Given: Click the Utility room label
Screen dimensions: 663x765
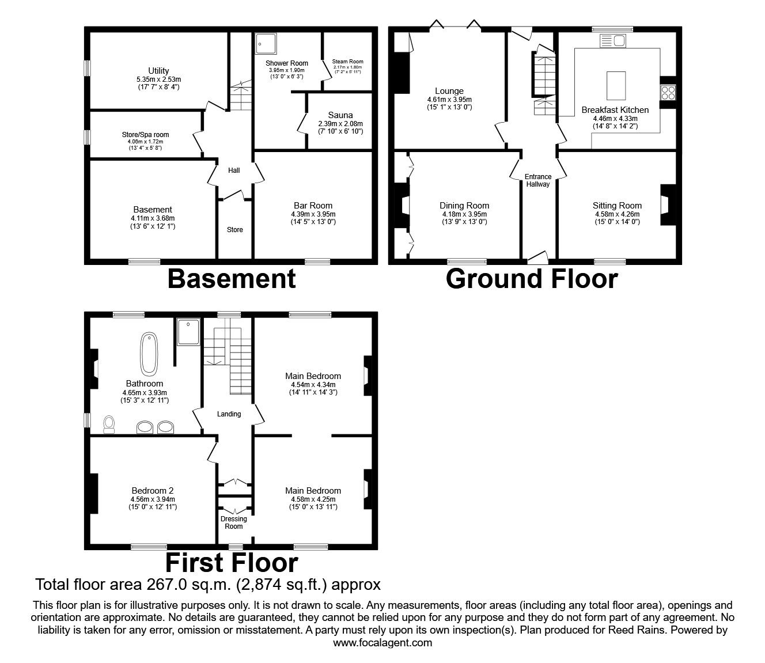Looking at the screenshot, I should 157,71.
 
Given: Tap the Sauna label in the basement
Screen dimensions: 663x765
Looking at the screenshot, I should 340,115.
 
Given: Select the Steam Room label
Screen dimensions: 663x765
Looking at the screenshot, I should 347,61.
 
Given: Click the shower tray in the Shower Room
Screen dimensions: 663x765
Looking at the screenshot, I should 266,42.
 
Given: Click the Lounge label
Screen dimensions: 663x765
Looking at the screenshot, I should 449,91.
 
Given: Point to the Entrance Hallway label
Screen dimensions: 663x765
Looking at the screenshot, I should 538,180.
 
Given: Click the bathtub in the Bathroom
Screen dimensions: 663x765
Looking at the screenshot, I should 150,353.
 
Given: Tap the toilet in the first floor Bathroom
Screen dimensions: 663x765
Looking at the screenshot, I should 109,425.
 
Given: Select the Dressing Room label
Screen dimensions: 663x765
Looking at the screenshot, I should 234,522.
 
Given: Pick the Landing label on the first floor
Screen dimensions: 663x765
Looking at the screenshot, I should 229,414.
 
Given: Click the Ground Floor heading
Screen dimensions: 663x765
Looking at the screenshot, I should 531,279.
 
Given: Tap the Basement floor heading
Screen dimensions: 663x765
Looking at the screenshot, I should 232,279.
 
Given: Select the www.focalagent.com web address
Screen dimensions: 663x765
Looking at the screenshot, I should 382,642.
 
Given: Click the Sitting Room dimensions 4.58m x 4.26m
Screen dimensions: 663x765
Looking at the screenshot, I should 617,214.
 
